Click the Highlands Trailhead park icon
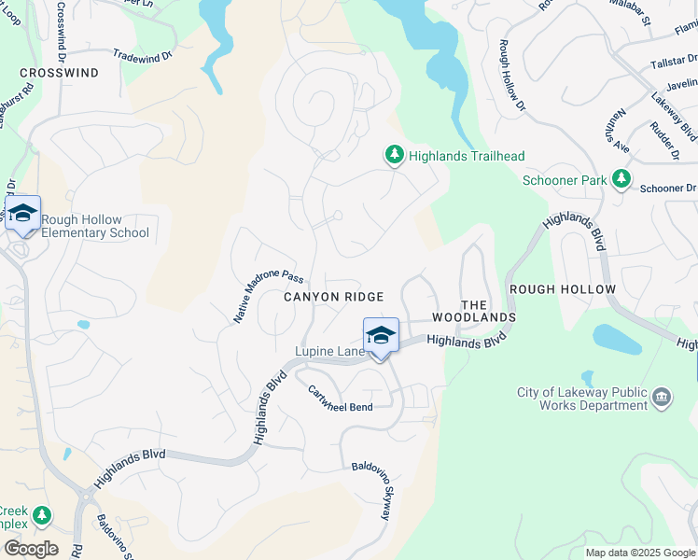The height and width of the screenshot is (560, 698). pyautogui.click(x=394, y=156)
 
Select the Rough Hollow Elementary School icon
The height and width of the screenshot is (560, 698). pyautogui.click(x=22, y=214)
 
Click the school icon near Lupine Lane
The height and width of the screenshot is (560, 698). pyautogui.click(x=381, y=335)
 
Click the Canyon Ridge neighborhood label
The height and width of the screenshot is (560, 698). pyautogui.click(x=333, y=297)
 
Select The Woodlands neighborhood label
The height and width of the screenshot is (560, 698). pyautogui.click(x=487, y=311)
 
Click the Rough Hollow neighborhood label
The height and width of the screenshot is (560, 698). pyautogui.click(x=563, y=289)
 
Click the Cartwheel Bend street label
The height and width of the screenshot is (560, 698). pyautogui.click(x=341, y=400)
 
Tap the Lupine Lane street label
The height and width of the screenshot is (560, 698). pyautogui.click(x=329, y=351)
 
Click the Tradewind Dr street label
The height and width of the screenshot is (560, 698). pyautogui.click(x=143, y=56)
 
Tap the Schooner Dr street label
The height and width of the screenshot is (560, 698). pyautogui.click(x=668, y=188)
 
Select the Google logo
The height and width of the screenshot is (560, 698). pyautogui.click(x=31, y=549)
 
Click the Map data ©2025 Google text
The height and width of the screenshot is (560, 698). pyautogui.click(x=640, y=553)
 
